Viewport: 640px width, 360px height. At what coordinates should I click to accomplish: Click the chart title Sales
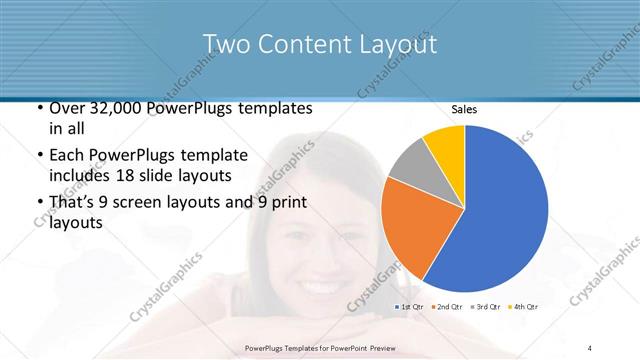pyautogui.click(x=463, y=109)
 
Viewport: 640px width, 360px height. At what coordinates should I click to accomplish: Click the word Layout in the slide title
pyautogui.click(x=393, y=44)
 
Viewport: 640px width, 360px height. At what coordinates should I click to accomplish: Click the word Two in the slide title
pyautogui.click(x=225, y=44)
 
